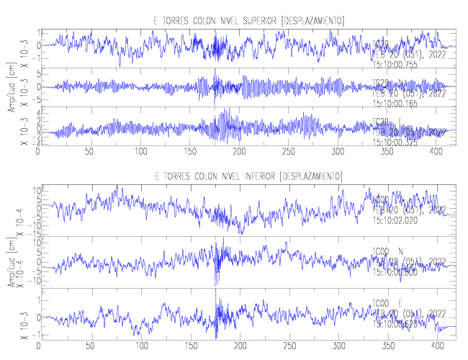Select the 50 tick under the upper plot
pyautogui.click(x=89, y=153)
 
